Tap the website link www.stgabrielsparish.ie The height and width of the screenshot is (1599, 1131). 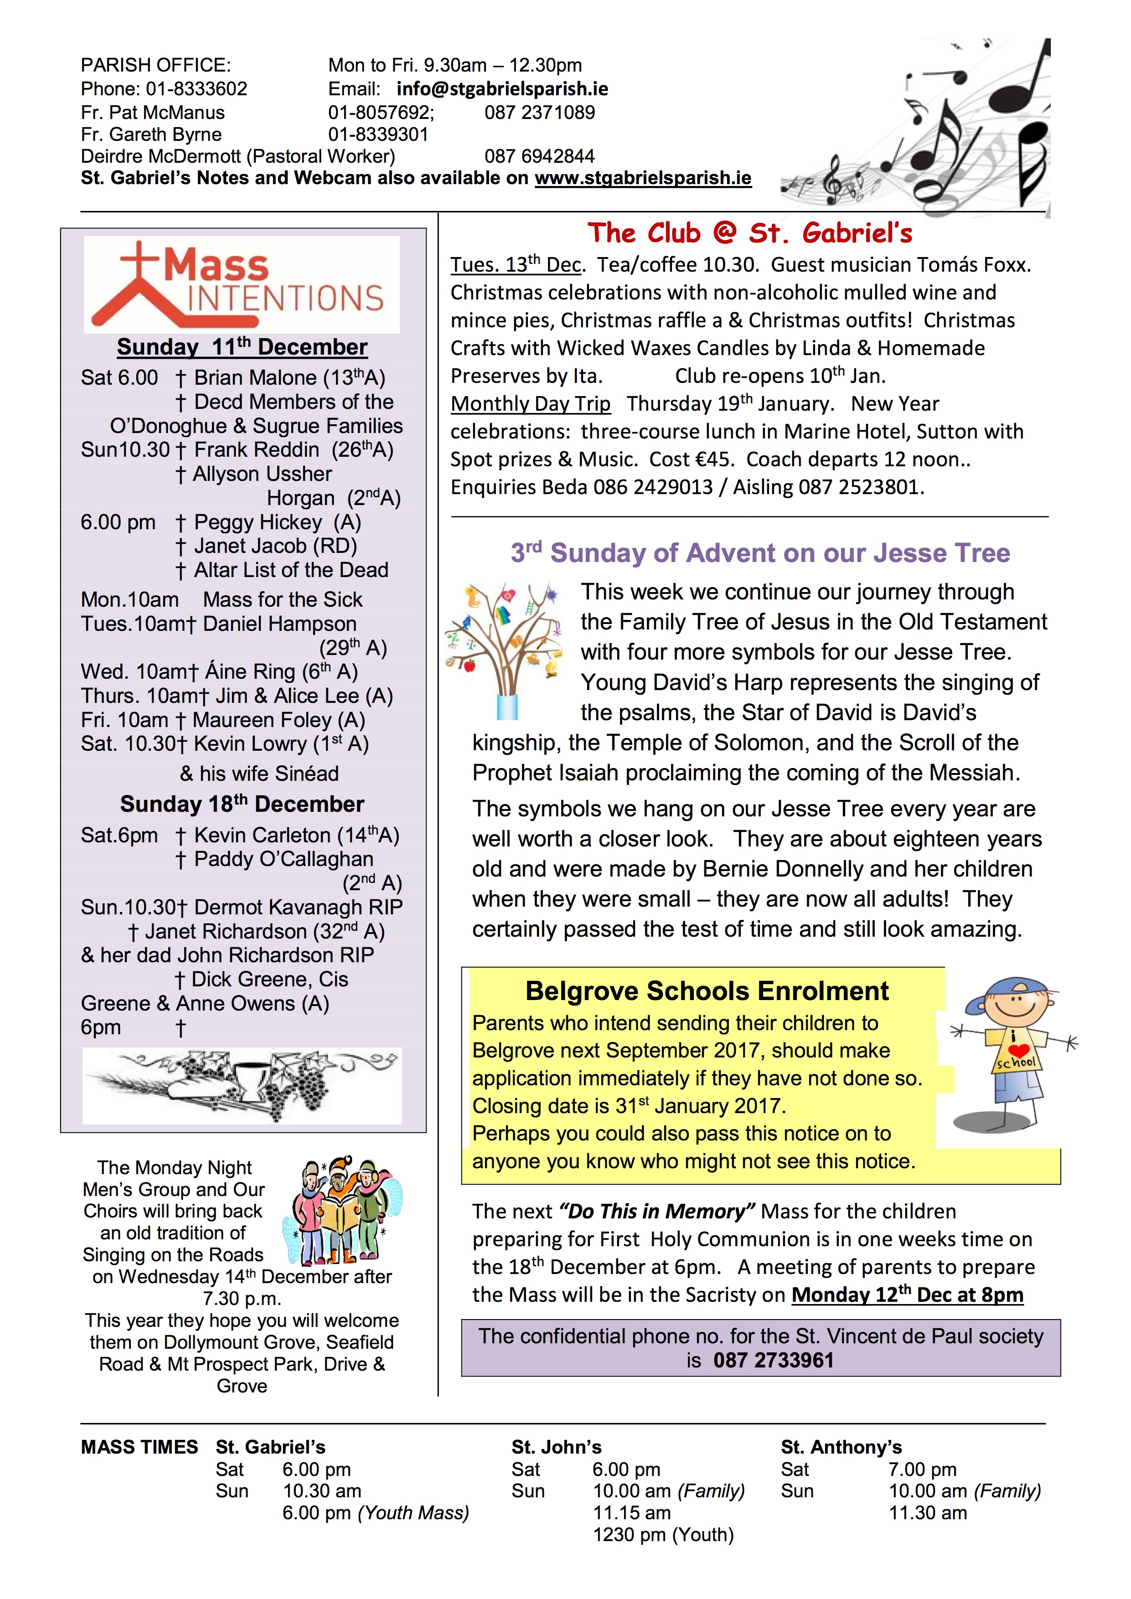click(x=643, y=178)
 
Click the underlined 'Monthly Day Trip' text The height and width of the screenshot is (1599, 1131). click(x=530, y=404)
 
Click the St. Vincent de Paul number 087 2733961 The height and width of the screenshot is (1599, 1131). click(x=773, y=1360)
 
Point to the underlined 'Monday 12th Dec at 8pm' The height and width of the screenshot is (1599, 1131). click(x=907, y=1295)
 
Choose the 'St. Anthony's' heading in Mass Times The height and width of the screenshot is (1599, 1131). click(x=841, y=1447)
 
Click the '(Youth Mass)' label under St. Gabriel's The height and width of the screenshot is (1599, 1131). click(x=413, y=1513)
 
